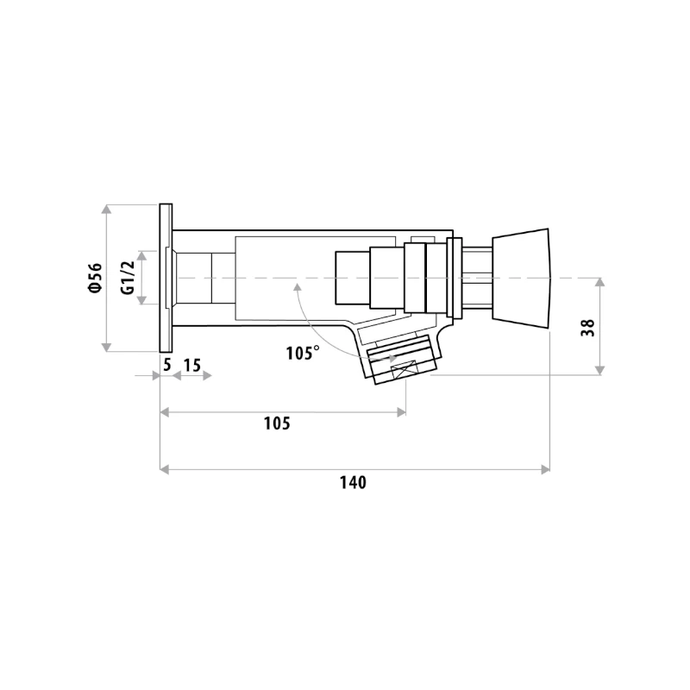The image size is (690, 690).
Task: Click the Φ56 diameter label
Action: pos(96,278)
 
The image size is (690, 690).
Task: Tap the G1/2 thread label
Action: pos(128,278)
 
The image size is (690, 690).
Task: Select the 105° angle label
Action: pos(303,353)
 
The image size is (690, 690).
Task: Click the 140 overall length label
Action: pos(353,483)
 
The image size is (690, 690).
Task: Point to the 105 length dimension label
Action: pos(277,423)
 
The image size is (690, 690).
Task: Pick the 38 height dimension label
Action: pos(588,328)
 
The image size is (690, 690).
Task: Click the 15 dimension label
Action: pos(191,365)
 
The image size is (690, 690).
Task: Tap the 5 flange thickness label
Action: pos(166,365)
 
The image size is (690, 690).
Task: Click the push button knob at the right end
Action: pos(521,278)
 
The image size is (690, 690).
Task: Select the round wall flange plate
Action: pos(166,278)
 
